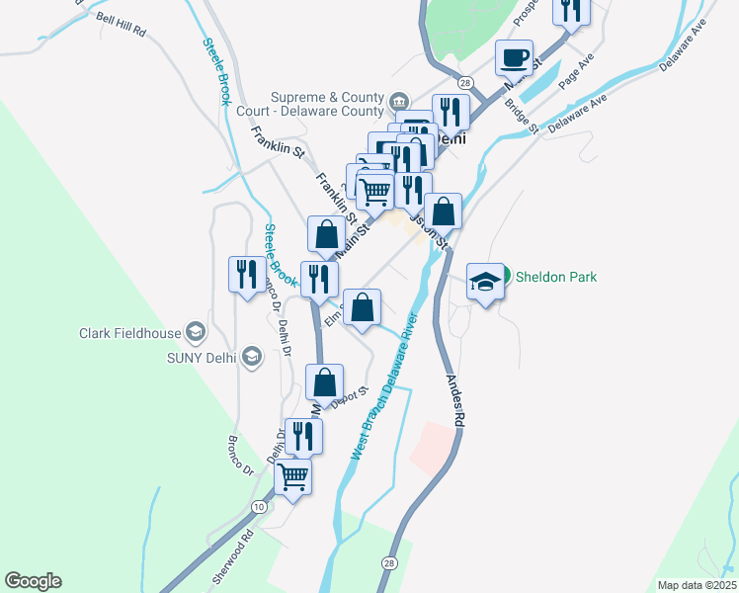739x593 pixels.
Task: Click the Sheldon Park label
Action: tap(556, 277)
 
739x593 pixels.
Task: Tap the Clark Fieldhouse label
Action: tap(129, 333)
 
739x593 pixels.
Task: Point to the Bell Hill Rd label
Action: tap(122, 26)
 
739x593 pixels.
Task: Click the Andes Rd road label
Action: tap(454, 399)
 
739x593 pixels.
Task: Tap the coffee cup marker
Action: tap(514, 57)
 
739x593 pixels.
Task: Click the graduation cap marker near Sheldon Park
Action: tap(485, 283)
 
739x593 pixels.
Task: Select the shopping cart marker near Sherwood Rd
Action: tap(293, 476)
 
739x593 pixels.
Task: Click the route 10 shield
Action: tap(259, 506)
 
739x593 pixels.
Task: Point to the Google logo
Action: tap(33, 581)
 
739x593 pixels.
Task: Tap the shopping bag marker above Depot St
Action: tap(324, 381)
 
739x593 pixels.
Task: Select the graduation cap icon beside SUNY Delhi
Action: tap(251, 356)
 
